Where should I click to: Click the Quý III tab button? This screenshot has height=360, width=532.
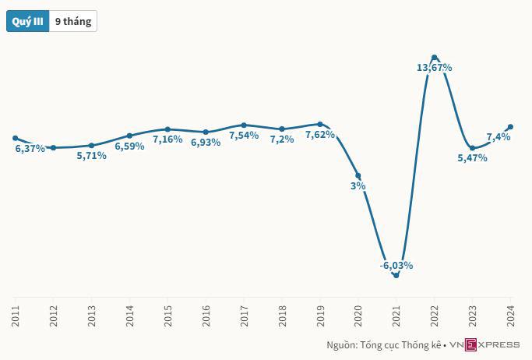click(27, 22)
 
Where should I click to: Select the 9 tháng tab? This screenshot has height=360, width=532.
click(73, 22)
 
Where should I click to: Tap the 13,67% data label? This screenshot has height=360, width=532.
click(435, 68)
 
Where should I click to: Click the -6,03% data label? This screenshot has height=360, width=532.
click(396, 266)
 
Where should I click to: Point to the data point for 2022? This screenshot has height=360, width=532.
click(435, 57)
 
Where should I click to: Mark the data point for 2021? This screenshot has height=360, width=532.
click(396, 275)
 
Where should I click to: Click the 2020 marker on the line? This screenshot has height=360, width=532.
click(358, 175)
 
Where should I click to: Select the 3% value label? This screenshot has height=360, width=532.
click(358, 186)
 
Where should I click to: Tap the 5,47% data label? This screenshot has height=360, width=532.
click(472, 158)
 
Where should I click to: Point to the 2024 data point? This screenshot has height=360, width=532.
click(511, 126)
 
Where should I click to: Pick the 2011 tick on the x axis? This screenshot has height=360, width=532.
click(16, 316)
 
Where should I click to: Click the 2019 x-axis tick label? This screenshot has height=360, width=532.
click(320, 316)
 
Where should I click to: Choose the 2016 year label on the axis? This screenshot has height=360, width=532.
click(206, 316)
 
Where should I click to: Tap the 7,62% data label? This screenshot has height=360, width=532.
click(320, 134)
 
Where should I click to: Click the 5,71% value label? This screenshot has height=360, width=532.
click(91, 156)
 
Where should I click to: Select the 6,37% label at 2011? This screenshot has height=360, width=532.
click(30, 149)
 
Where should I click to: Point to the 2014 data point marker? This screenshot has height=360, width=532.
click(129, 136)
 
